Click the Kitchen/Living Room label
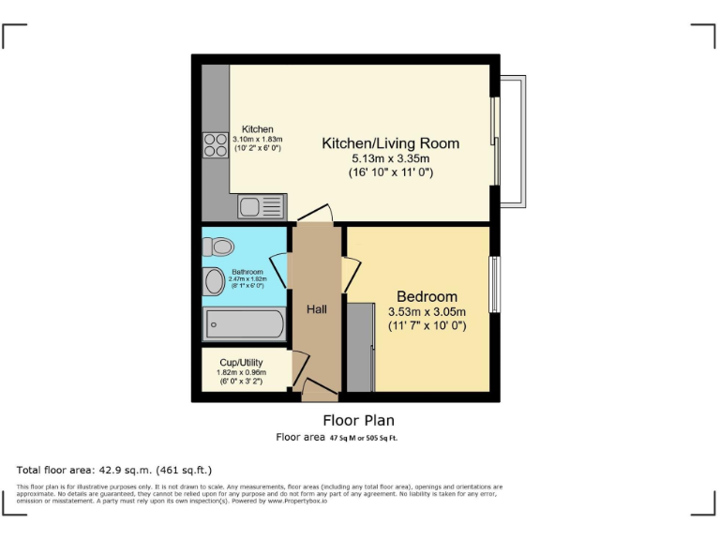pyautogui.click(x=390, y=143)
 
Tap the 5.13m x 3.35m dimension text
pyautogui.click(x=390, y=158)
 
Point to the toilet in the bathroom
pyautogui.click(x=220, y=247)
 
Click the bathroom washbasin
pyautogui.click(x=212, y=279)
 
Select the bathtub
pyautogui.click(x=245, y=325)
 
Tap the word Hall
pyautogui.click(x=316, y=308)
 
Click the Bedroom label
pyautogui.click(x=427, y=296)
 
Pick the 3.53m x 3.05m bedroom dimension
pyautogui.click(x=427, y=311)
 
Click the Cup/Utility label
pyautogui.click(x=241, y=362)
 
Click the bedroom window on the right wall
pyautogui.click(x=494, y=284)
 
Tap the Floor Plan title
pyautogui.click(x=358, y=420)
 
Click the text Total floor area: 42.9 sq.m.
pyautogui.click(x=114, y=469)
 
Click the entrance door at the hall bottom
pyautogui.click(x=319, y=389)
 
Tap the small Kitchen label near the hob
pyautogui.click(x=257, y=129)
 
